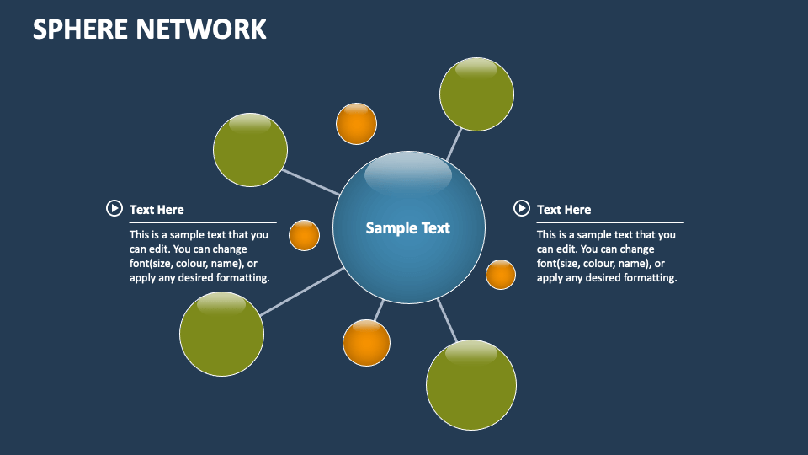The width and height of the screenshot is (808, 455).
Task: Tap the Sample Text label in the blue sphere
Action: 408,227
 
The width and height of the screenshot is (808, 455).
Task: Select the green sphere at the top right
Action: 476,94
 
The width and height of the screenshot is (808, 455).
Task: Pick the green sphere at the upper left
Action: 250,149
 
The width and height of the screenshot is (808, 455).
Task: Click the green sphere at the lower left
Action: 221,334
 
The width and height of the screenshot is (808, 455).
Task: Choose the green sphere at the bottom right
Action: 471,385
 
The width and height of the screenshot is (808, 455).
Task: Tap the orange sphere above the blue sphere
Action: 356,124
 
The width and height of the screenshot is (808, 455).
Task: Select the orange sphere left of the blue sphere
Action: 304,236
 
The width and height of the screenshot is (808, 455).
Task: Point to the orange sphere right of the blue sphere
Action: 501,275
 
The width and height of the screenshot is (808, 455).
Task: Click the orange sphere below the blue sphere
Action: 366,343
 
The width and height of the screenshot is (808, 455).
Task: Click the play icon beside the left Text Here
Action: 114,208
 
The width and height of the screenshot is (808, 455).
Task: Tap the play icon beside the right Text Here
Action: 521,208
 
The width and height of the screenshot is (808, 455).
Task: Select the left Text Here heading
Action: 157,210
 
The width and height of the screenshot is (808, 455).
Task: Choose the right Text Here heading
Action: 564,210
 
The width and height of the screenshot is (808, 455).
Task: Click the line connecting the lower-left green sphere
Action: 301,292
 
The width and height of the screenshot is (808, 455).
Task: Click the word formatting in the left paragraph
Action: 242,278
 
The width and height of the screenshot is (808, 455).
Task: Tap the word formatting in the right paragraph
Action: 650,278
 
